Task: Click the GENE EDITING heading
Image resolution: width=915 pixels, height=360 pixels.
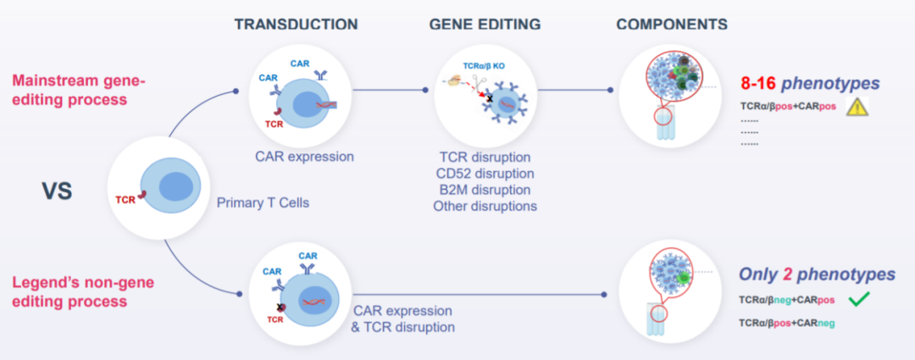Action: (485, 25)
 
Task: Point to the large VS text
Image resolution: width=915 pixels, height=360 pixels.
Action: (57, 191)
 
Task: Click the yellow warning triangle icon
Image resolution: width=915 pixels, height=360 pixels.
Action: (858, 107)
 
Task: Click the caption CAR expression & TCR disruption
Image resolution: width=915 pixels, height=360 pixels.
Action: (402, 318)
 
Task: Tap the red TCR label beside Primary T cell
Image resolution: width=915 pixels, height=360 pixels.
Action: (126, 200)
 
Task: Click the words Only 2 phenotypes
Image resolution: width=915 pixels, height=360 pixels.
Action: (817, 274)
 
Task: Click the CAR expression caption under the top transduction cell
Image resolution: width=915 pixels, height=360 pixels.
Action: (304, 156)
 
